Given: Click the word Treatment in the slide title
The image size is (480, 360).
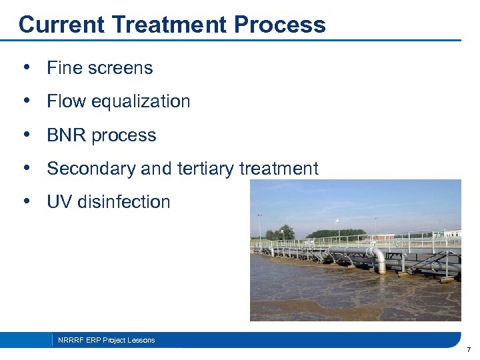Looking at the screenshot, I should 171,25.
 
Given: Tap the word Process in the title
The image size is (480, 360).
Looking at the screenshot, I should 280,25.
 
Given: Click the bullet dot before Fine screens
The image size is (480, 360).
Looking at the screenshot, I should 25,67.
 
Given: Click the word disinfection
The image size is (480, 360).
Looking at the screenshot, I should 124,202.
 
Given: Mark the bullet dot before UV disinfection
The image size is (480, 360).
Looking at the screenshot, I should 25,201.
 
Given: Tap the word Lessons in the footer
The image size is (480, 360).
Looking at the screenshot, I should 141,340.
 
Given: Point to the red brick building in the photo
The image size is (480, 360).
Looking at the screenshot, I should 385,237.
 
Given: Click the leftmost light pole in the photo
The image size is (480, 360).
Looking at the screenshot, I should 259,227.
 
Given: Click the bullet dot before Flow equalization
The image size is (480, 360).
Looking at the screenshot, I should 25,101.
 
